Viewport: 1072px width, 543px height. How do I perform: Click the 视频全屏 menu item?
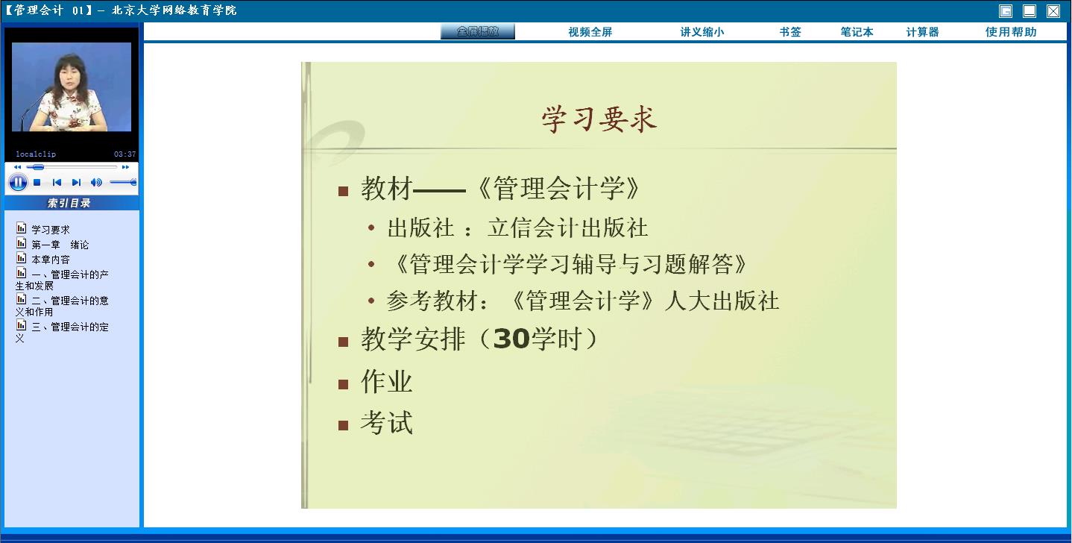coord(590,32)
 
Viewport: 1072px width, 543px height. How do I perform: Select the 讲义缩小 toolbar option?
coord(702,32)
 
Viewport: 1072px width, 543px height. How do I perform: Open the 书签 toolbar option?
coord(790,32)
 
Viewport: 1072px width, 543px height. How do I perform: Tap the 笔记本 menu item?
coord(857,32)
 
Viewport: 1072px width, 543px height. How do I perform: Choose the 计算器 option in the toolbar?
coord(922,32)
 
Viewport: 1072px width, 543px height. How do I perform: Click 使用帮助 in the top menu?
coord(1011,32)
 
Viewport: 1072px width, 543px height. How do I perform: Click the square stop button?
coord(37,183)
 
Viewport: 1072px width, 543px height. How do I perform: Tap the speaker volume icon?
coord(96,183)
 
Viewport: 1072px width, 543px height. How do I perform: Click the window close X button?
coord(1053,11)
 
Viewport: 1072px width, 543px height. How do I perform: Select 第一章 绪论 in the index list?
coord(60,245)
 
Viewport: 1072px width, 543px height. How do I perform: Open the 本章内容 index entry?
coord(50,260)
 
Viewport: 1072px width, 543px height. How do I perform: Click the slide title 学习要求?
coord(599,119)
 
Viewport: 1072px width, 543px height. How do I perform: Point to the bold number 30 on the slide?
coord(511,339)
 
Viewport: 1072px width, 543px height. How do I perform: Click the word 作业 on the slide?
coord(387,382)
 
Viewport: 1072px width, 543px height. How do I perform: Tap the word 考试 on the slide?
coord(387,423)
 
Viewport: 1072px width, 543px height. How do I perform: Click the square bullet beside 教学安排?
coord(343,342)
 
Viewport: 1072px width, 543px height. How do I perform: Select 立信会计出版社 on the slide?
coord(567,227)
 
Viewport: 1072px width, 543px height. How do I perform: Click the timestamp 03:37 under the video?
coord(125,154)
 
